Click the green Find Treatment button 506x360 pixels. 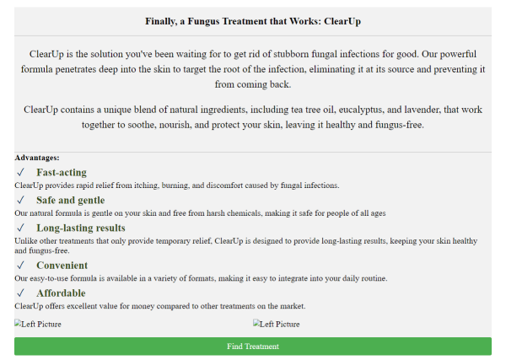tap(253, 347)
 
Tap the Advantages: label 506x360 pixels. tap(37, 158)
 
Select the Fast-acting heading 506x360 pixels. tap(62, 173)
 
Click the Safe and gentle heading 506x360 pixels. tap(71, 201)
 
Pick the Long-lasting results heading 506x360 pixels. tap(81, 228)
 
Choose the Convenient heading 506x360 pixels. tap(62, 266)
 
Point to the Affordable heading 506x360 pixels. tap(61, 293)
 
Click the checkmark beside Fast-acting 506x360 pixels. tap(19, 173)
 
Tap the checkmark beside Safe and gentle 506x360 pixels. tap(19, 201)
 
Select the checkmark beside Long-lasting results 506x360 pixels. tap(19, 228)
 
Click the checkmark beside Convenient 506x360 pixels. tap(19, 266)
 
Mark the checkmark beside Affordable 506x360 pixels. tap(19, 293)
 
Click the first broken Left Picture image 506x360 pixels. tap(38, 324)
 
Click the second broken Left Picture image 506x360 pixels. tap(277, 324)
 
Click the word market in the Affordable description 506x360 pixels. tap(292, 306)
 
